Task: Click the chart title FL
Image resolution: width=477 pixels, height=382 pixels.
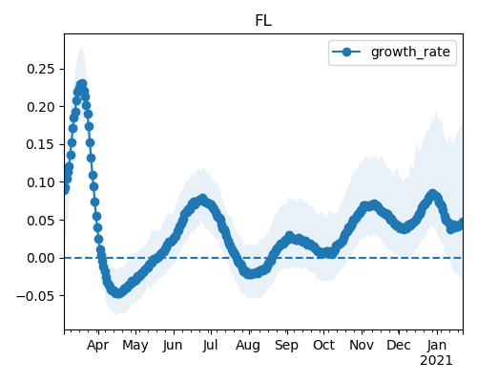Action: click(x=263, y=21)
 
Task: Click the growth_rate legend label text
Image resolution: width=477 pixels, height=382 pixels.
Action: click(x=410, y=52)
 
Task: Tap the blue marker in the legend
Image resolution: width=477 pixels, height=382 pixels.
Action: click(x=346, y=52)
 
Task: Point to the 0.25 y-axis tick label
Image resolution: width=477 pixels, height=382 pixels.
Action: click(x=41, y=69)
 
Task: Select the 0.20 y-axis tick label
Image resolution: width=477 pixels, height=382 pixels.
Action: click(x=41, y=107)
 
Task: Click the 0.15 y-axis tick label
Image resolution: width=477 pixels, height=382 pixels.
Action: click(x=41, y=144)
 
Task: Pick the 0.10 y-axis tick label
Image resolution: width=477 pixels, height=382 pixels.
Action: click(x=41, y=182)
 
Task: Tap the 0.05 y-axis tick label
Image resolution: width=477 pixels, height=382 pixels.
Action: click(x=41, y=221)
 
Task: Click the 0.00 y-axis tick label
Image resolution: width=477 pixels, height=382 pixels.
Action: click(x=41, y=258)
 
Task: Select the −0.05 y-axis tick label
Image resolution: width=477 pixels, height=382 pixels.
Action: click(x=35, y=296)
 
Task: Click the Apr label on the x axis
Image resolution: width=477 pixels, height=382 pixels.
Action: click(x=98, y=346)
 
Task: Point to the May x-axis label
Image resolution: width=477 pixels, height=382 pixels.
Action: click(x=135, y=346)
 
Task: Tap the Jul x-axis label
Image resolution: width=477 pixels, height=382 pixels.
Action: click(x=210, y=345)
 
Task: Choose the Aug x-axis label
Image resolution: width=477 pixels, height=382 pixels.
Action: click(x=248, y=346)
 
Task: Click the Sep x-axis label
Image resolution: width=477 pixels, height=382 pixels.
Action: click(x=286, y=346)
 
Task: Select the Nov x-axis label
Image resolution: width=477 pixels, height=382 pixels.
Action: click(x=362, y=345)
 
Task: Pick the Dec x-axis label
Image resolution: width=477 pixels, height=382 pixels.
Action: click(x=399, y=345)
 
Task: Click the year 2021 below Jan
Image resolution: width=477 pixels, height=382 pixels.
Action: click(x=436, y=361)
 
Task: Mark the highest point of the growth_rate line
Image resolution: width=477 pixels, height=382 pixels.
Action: click(x=82, y=84)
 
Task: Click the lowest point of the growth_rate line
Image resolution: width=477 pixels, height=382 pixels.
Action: click(x=118, y=293)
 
